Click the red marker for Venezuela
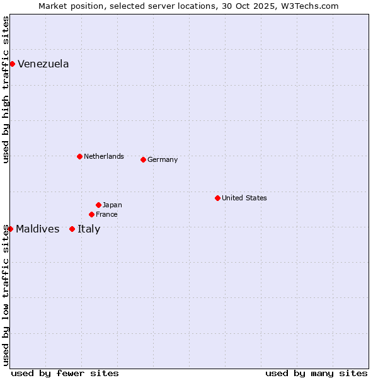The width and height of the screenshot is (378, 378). pyautogui.click(x=12, y=64)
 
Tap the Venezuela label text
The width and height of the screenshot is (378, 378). pyautogui.click(x=43, y=64)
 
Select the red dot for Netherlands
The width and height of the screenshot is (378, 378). pyautogui.click(x=79, y=156)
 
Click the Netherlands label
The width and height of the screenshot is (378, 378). pyautogui.click(x=103, y=156)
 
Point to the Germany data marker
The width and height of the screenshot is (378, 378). pyautogui.click(x=143, y=159)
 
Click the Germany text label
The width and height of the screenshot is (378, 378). pyautogui.click(x=163, y=160)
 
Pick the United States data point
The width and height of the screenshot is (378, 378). pyautogui.click(x=217, y=198)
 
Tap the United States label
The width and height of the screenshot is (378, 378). pyautogui.click(x=244, y=198)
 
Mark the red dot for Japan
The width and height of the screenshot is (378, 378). pyautogui.click(x=98, y=205)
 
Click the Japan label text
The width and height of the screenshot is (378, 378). pyautogui.click(x=112, y=205)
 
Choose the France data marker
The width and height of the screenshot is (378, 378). pyautogui.click(x=91, y=214)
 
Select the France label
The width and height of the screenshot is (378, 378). pyautogui.click(x=106, y=215)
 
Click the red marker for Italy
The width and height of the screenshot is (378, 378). pyautogui.click(x=72, y=229)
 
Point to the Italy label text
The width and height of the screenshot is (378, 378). pyautogui.click(x=89, y=229)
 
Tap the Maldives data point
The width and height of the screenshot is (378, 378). pyautogui.click(x=10, y=229)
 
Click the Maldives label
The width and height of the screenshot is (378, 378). pyautogui.click(x=38, y=229)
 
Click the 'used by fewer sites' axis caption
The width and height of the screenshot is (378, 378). pyautogui.click(x=65, y=373)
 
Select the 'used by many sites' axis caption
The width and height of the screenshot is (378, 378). pyautogui.click(x=316, y=373)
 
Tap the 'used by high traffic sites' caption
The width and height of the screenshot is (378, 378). pyautogui.click(x=6, y=89)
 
